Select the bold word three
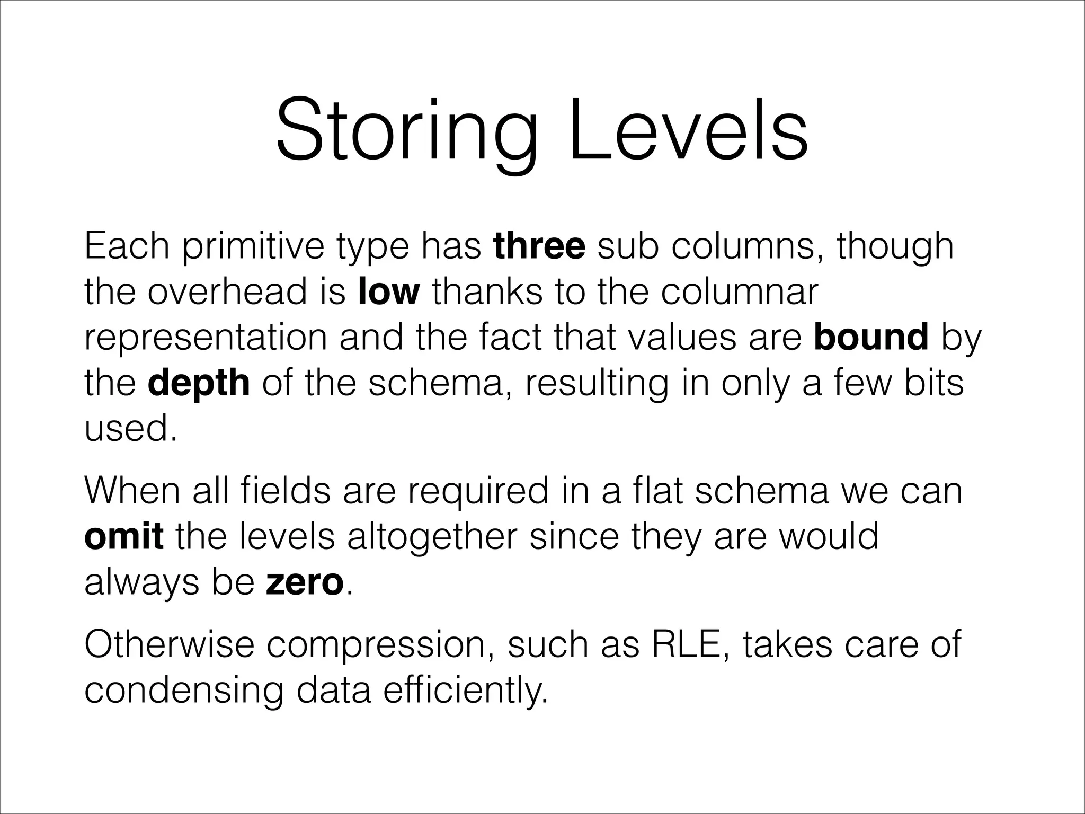coord(539,246)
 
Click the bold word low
coord(389,292)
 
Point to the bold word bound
coord(871,338)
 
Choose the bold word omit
coord(124,537)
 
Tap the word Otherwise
coord(169,644)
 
